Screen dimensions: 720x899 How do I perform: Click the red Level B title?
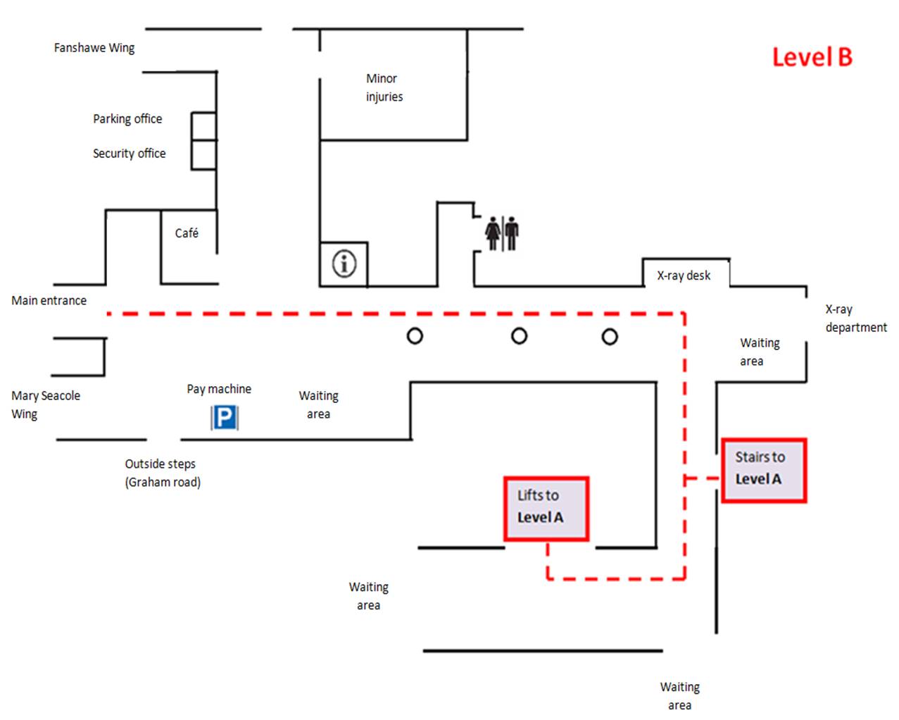(812, 57)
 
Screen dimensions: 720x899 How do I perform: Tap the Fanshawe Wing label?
(94, 48)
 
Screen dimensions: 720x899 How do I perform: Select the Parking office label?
(127, 119)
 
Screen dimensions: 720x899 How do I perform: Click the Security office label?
(129, 154)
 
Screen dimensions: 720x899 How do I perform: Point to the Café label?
(187, 233)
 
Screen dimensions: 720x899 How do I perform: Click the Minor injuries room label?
(384, 87)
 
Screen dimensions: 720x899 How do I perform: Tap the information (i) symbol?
(344, 264)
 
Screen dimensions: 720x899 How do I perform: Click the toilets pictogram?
(502, 233)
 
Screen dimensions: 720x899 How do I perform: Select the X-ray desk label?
(684, 275)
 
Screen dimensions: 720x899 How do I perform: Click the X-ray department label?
(855, 318)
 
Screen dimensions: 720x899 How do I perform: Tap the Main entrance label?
(49, 301)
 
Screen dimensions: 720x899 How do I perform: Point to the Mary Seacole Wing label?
(45, 405)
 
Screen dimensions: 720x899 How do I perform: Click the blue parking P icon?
(225, 418)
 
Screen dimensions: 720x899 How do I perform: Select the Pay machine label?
(219, 389)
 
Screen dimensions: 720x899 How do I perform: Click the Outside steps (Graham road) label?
(162, 473)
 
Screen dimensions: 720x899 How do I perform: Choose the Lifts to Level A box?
(546, 509)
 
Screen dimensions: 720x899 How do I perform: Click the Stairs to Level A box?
(763, 470)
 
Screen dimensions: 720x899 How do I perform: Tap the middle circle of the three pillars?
(519, 336)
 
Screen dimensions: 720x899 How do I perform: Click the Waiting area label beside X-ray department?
(759, 352)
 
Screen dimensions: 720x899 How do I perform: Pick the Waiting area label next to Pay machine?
(318, 405)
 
